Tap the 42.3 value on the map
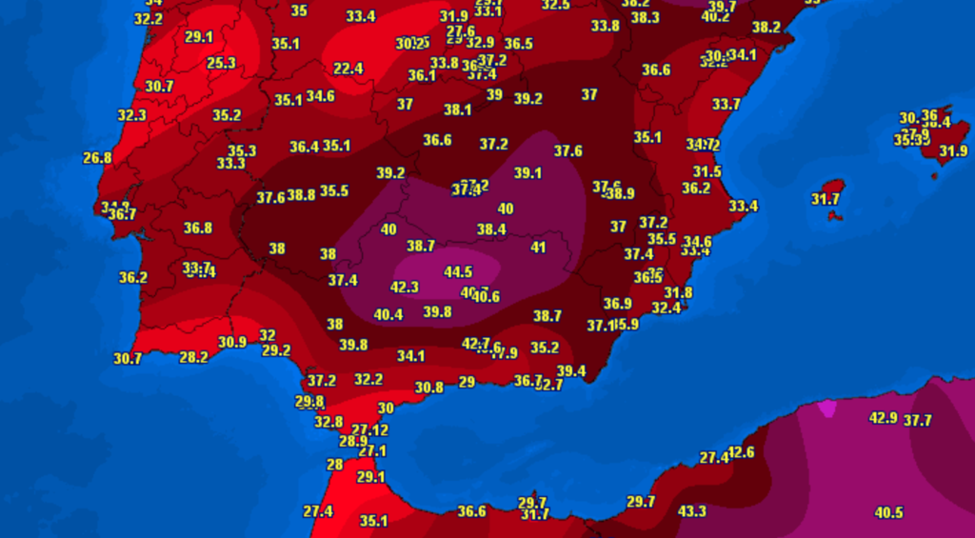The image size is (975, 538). (405, 287)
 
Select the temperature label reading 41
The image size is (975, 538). (539, 248)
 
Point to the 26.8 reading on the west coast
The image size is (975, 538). (97, 158)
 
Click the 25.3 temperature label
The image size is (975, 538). (221, 63)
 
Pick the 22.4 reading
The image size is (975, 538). (348, 69)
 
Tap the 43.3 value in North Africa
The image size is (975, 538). (691, 511)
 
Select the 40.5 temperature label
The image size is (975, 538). (888, 512)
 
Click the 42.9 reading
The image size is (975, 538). (884, 418)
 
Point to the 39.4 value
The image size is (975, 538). (571, 371)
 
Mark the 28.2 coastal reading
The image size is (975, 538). (193, 357)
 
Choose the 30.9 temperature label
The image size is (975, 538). (232, 342)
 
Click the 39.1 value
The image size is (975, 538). (527, 173)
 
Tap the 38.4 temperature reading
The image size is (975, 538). (491, 229)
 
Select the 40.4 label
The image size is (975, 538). (388, 314)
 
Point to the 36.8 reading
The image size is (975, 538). (198, 228)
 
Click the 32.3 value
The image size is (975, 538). (131, 115)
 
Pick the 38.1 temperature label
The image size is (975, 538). (458, 110)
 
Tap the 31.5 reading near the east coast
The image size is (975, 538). (706, 171)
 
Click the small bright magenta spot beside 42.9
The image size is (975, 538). (826, 408)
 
